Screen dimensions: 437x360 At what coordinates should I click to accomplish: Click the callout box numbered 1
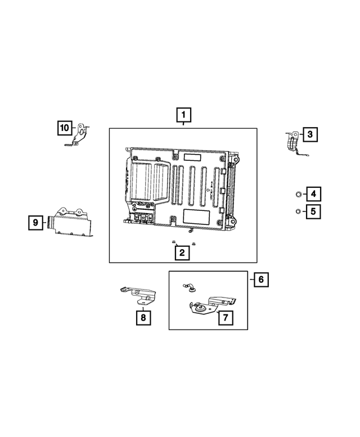coord(183,116)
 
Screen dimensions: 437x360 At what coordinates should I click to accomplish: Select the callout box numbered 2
coord(182,253)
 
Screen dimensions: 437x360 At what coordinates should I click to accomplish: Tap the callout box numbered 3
coord(310,134)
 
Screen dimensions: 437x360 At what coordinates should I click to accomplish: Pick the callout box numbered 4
coord(313,195)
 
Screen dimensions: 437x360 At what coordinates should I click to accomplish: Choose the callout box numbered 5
coord(313,212)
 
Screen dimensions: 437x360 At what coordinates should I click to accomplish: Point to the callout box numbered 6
coord(260,279)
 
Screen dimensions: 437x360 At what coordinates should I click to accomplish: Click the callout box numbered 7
coord(224,318)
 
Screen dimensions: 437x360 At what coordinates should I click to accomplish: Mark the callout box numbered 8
coord(143,318)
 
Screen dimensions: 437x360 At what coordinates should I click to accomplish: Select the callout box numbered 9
coord(36,223)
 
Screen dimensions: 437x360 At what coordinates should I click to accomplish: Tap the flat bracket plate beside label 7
coord(212,306)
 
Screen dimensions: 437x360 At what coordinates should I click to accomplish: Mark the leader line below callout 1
coord(183,125)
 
